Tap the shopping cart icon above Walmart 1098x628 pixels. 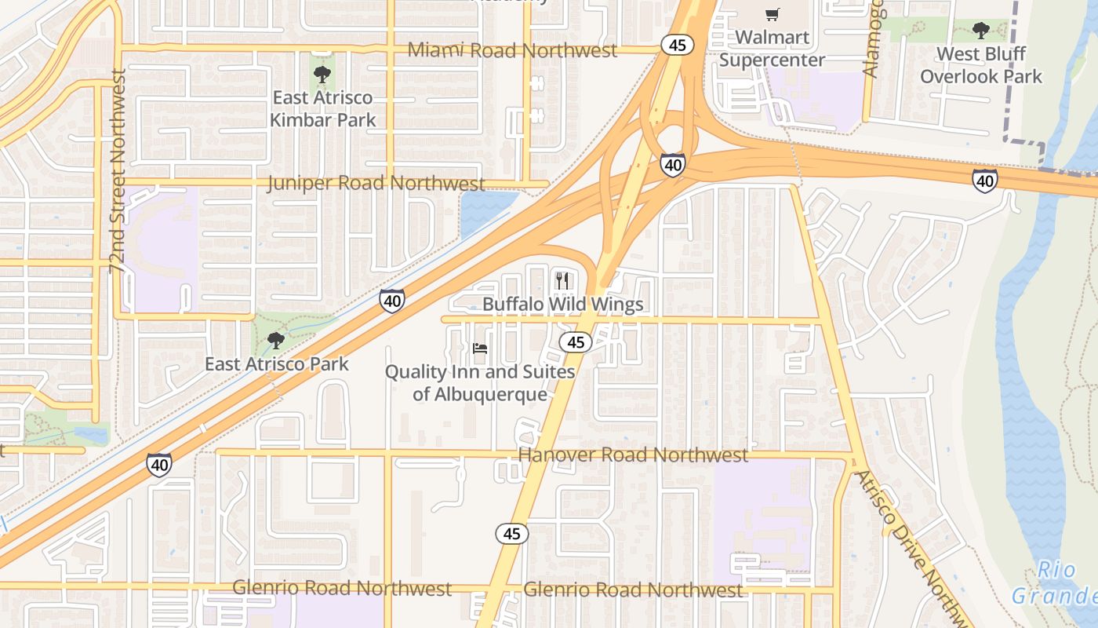pos(773,14)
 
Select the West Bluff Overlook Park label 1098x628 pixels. pos(981,65)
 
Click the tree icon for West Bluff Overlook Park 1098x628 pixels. pos(980,31)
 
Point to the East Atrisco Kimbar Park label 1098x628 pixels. pos(322,109)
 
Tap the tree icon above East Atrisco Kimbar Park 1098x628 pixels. pos(322,75)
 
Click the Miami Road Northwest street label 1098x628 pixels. pos(512,50)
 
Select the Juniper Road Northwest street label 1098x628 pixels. pos(376,184)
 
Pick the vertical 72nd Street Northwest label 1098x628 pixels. pos(118,171)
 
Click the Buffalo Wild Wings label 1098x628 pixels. pos(562,305)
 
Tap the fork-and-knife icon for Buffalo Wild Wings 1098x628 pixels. pos(562,280)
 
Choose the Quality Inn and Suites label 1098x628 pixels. pos(480,382)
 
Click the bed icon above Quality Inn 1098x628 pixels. pos(480,348)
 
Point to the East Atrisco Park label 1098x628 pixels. pos(277,364)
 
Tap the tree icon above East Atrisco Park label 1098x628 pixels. pos(275,340)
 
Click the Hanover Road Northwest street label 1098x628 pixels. pos(633,455)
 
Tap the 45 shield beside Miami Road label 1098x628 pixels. pos(678,45)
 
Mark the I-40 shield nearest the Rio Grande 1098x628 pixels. pos(985,181)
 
